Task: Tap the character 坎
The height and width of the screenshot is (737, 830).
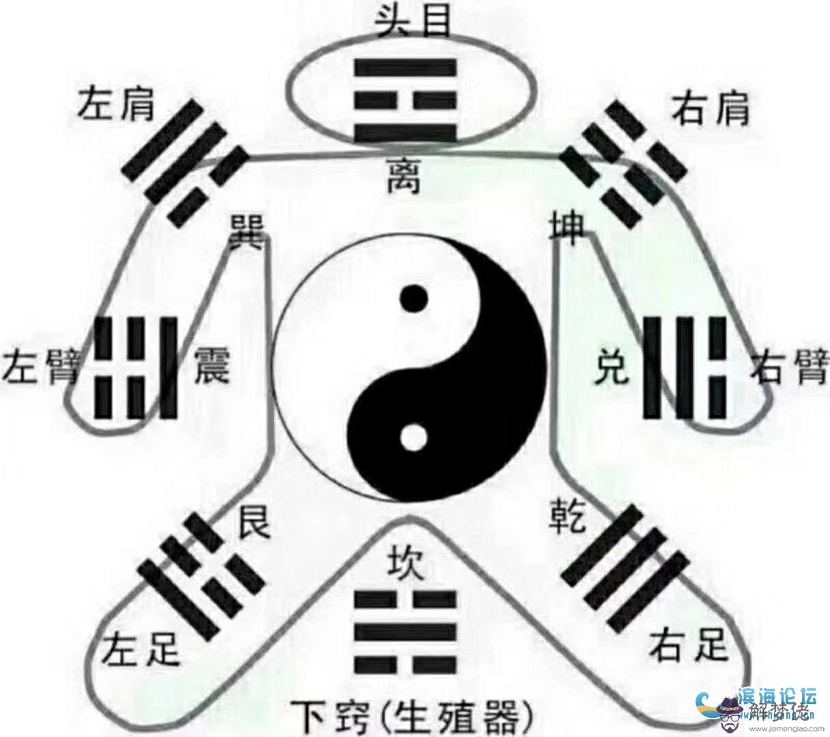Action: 405,563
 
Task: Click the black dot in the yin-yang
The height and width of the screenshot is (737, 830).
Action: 414,299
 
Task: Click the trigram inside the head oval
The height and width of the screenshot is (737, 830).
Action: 404,99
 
